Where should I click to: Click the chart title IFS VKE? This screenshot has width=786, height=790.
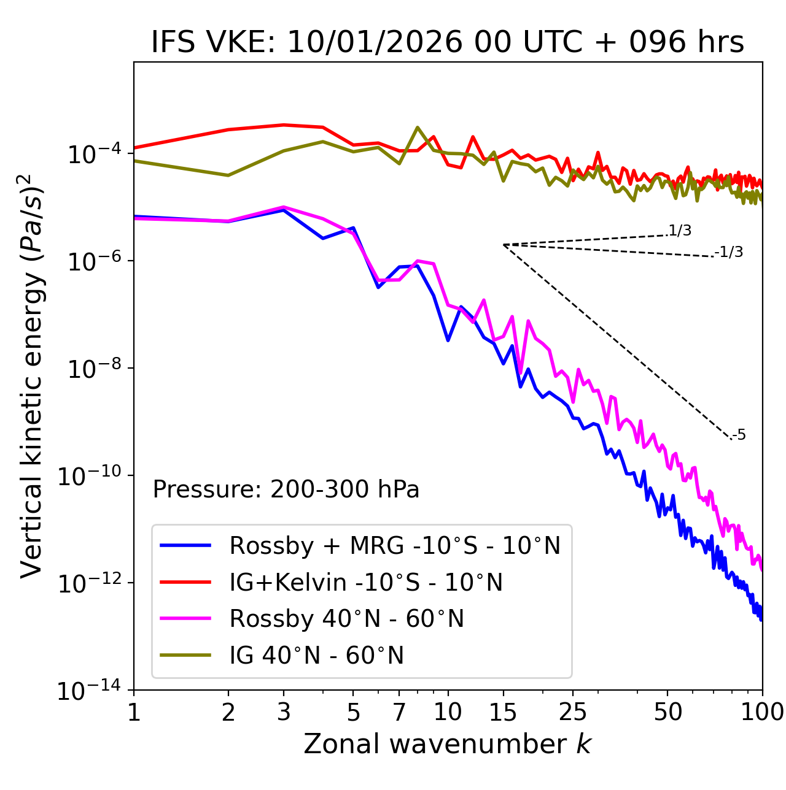(447, 42)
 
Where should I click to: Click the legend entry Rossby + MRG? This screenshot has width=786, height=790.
(394, 545)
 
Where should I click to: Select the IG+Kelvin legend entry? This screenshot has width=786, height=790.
(366, 582)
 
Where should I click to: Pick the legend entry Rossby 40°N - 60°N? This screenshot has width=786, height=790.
(346, 619)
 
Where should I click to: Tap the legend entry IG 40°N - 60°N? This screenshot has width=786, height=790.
(316, 656)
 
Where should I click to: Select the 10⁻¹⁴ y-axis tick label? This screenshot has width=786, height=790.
(90, 690)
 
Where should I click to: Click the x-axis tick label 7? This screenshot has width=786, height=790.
(399, 711)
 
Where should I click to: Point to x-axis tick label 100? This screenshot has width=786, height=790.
(761, 711)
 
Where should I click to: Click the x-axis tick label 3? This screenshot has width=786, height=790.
(284, 711)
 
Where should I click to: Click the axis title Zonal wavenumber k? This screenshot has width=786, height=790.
(447, 744)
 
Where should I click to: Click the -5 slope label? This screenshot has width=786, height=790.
(739, 435)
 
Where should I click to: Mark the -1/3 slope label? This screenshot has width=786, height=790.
(730, 252)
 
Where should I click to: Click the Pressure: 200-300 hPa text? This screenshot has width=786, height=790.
(286, 489)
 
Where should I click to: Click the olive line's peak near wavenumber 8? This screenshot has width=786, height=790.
(418, 128)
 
